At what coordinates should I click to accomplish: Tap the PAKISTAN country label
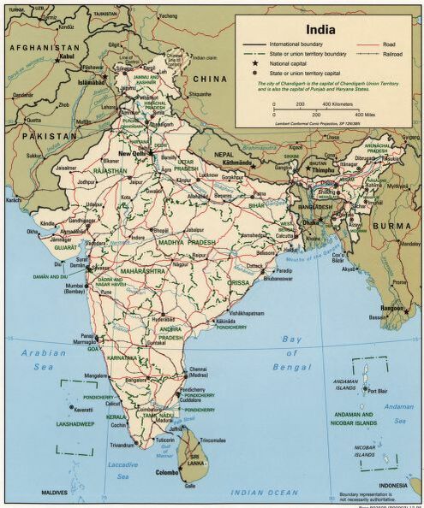[x=28, y=136]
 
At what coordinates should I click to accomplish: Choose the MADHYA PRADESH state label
[x=181, y=243]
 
